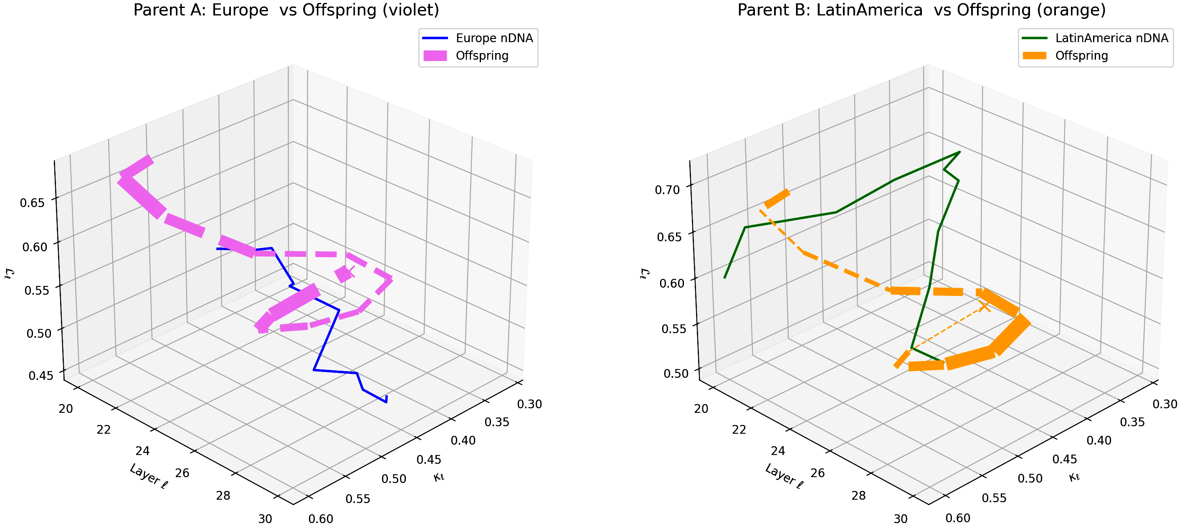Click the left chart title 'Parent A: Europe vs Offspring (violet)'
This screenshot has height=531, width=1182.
[286, 10]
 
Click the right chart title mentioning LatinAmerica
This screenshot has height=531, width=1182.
[921, 10]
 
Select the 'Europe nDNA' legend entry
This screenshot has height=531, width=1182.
[494, 38]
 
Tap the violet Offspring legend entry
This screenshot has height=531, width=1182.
[482, 56]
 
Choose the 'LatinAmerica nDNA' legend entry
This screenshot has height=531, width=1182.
[1111, 38]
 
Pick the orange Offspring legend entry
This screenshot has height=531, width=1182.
[1081, 56]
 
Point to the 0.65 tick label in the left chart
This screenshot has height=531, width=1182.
[33, 202]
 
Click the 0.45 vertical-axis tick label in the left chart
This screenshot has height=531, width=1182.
[40, 375]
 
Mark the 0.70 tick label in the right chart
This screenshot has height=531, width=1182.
[667, 190]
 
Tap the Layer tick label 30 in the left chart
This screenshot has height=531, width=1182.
[265, 519]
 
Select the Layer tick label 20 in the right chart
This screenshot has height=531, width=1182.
[701, 408]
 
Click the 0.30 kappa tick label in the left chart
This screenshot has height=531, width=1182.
[529, 404]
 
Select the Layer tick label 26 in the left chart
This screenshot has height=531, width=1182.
[182, 473]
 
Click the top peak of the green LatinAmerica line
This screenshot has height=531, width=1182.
[959, 152]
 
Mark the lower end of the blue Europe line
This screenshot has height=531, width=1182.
[386, 402]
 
